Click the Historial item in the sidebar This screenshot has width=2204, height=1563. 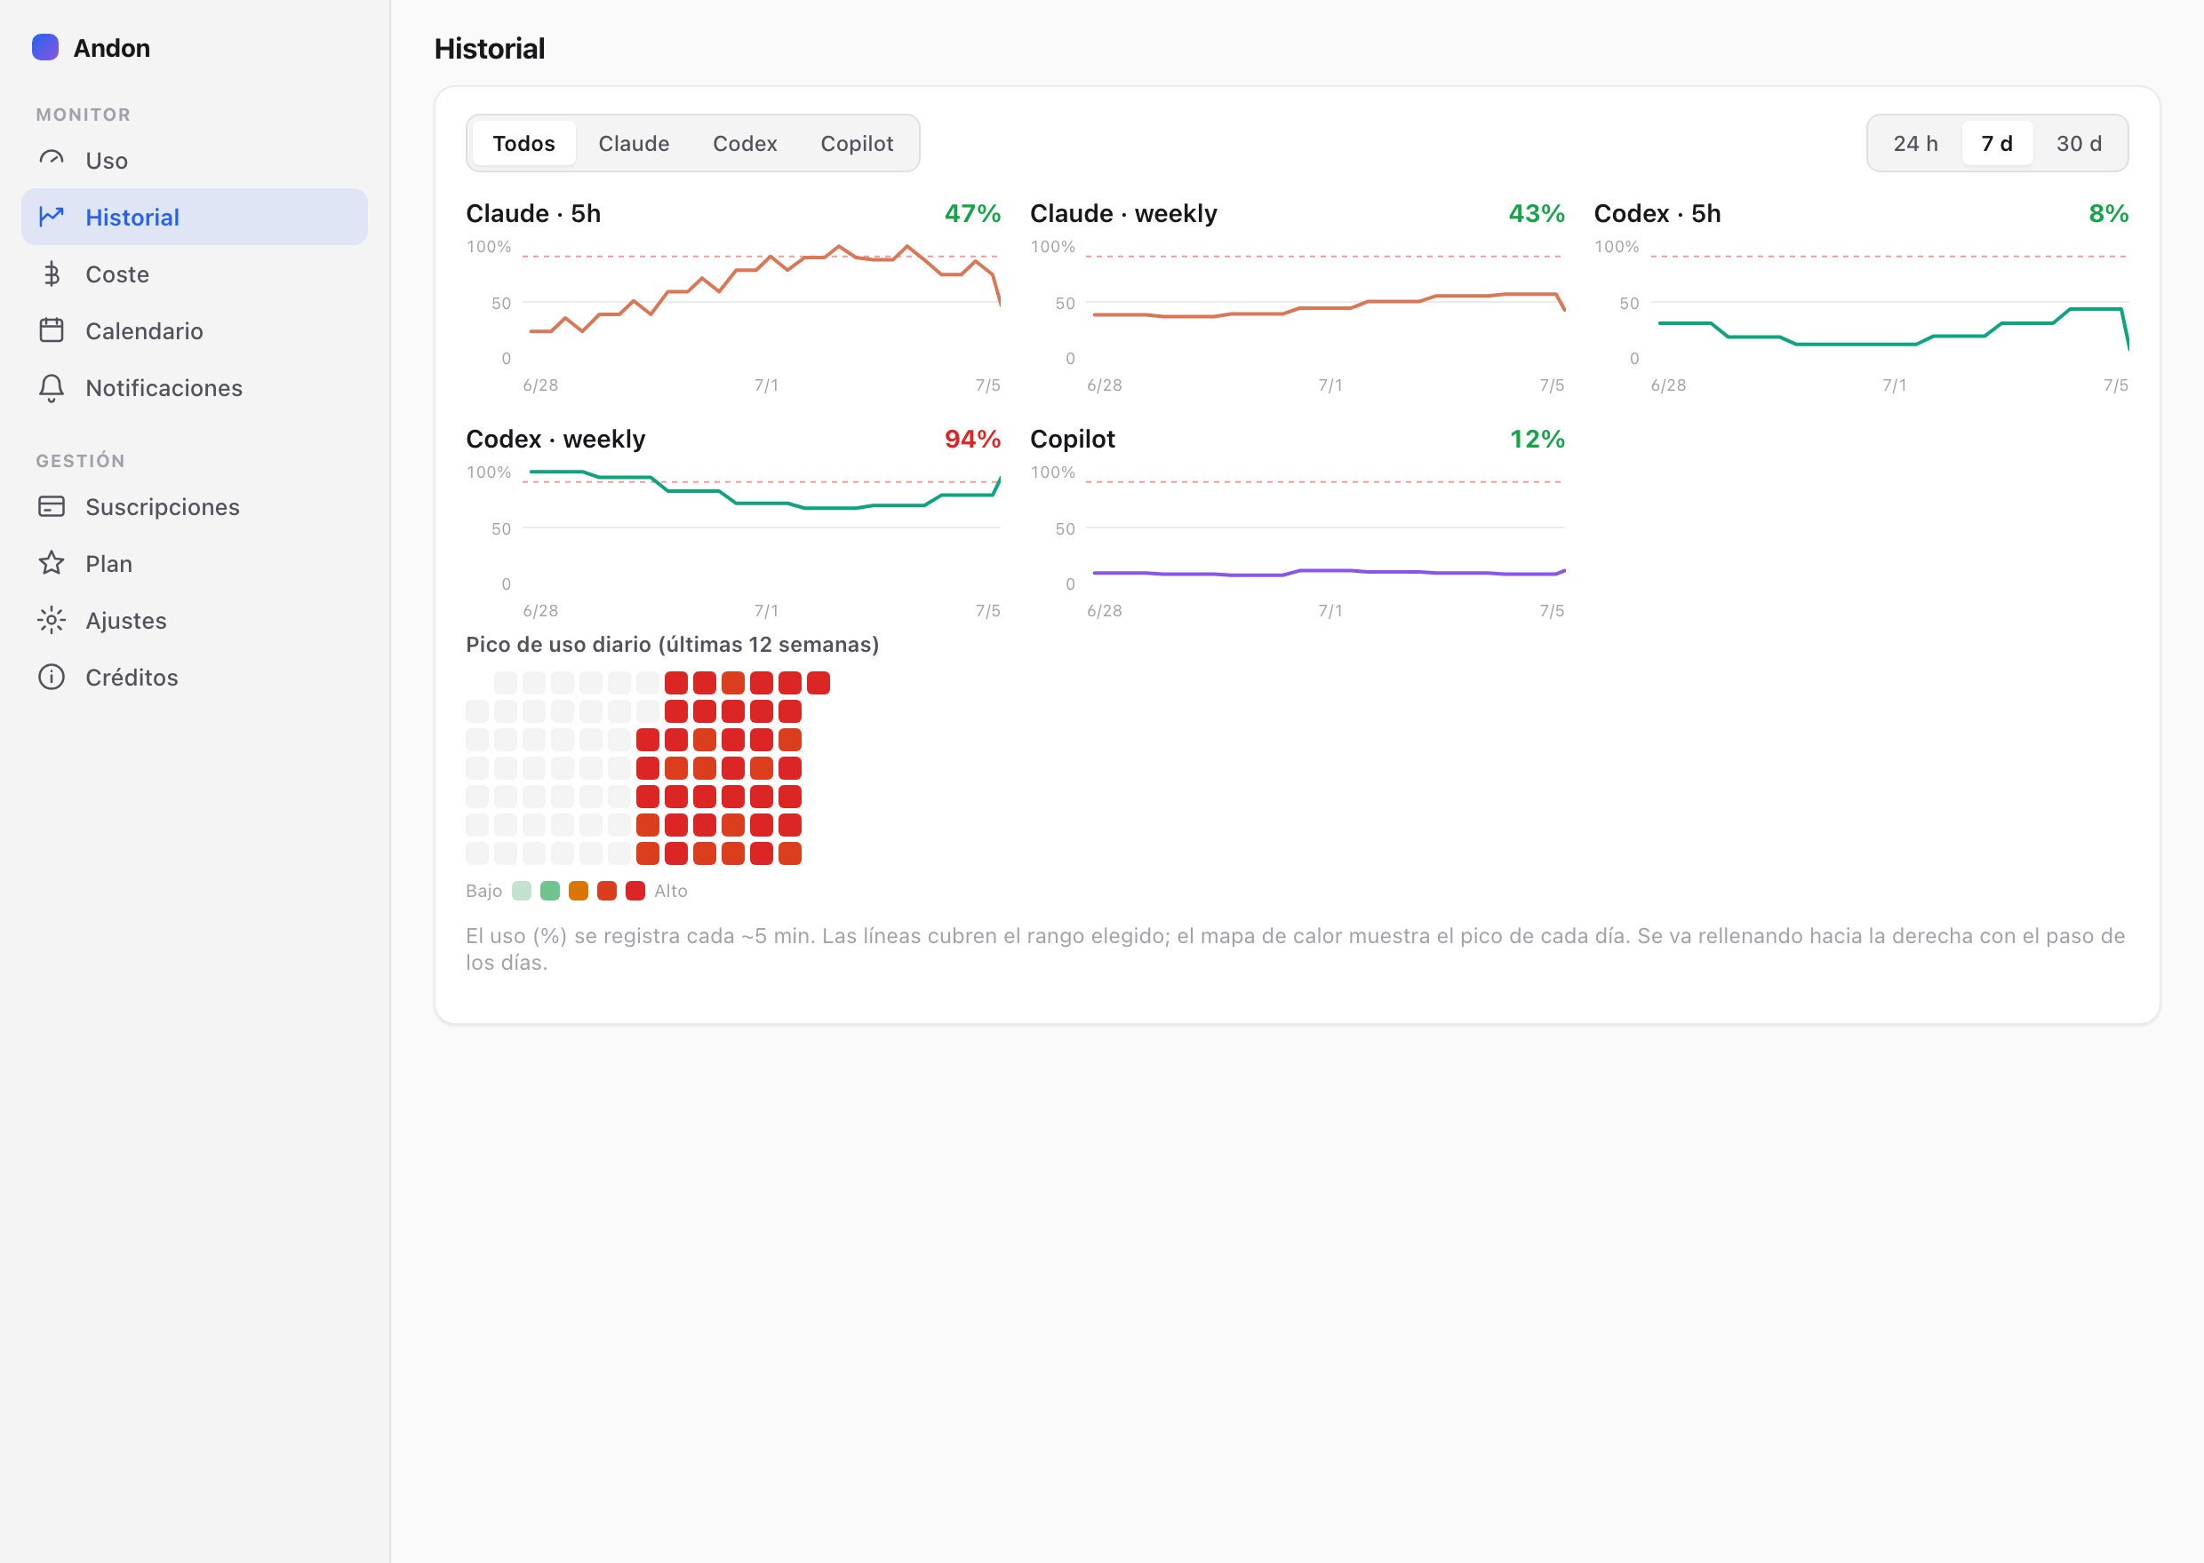pos(195,217)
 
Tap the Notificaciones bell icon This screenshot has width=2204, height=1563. pos(51,388)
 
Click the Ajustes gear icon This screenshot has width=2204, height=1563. pos(51,621)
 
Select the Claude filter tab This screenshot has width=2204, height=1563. pos(634,143)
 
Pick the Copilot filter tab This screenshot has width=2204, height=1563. pos(857,143)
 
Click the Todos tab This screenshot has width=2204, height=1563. pos(523,143)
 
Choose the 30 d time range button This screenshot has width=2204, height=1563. pos(2079,143)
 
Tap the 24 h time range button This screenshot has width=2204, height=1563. pos(1915,143)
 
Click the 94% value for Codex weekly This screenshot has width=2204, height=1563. pos(972,439)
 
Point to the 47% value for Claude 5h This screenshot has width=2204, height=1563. pos(972,214)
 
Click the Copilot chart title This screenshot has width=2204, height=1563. pos(1073,439)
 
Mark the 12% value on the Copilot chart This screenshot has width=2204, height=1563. pos(1537,439)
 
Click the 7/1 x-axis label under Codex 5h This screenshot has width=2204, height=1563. pos(1894,385)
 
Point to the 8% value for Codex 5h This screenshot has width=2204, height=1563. pos(2108,214)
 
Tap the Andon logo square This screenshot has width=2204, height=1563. pos(45,47)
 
